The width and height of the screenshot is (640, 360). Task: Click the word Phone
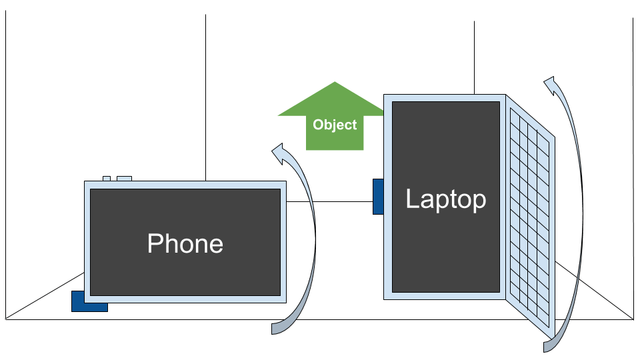tap(185, 243)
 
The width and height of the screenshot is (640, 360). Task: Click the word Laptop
tap(445, 199)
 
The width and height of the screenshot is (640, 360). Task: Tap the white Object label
tap(335, 125)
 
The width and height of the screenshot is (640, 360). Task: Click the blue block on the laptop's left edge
tap(377, 197)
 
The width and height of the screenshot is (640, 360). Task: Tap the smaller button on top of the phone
tap(107, 179)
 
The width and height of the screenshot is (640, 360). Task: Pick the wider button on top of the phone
tap(124, 179)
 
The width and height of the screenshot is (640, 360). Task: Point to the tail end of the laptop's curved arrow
tap(548, 345)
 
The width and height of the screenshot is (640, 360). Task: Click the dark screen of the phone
tap(185, 213)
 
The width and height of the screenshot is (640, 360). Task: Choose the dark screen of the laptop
tap(445, 253)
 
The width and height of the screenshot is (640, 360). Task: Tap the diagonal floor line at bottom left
tap(40, 301)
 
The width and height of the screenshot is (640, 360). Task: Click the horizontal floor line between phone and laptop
tap(333, 201)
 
